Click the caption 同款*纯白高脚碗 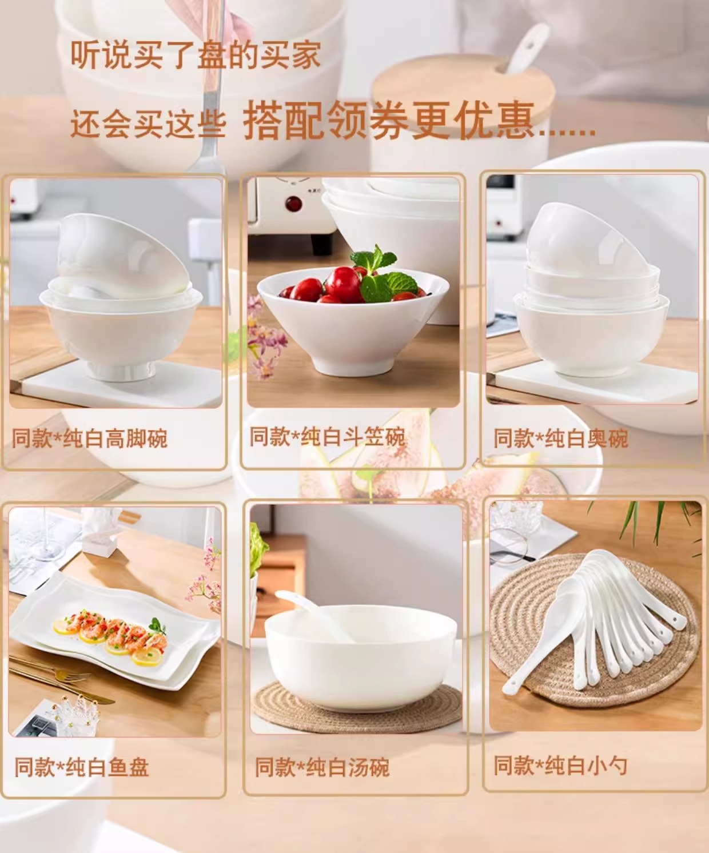coord(90,439)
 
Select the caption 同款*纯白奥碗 coord(561,439)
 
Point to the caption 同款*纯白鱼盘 coord(81,767)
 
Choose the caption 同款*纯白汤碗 coord(322,767)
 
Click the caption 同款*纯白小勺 coord(561,765)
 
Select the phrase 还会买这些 coord(148,124)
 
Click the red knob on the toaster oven coord(293,204)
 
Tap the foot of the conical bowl coord(354,365)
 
